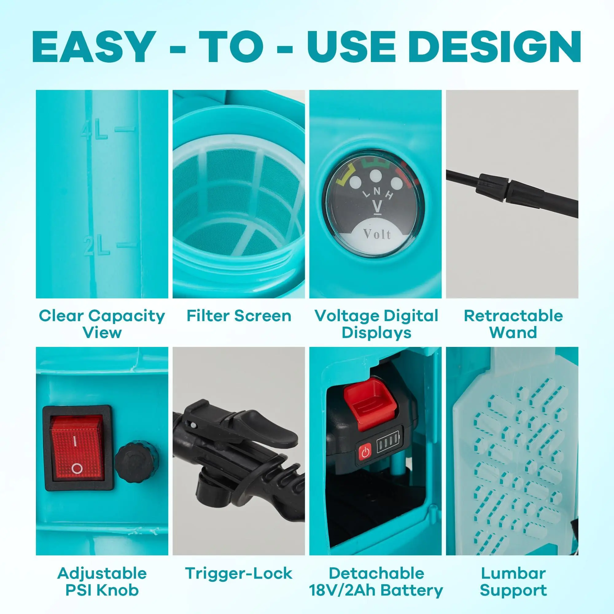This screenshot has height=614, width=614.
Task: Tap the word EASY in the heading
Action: tap(92, 47)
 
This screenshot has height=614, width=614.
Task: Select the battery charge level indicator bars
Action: tap(387, 445)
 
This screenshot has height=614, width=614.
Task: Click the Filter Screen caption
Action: tap(239, 316)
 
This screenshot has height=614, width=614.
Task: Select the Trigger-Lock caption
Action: tap(239, 573)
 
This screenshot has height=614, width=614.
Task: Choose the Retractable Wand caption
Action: tap(513, 324)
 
